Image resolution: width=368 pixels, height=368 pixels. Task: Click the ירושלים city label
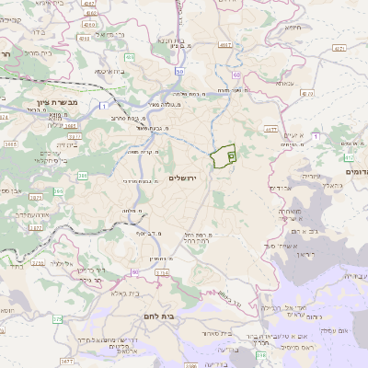click(x=184, y=175)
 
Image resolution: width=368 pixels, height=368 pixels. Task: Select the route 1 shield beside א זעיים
click(x=316, y=135)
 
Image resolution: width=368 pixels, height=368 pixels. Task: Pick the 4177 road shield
click(x=270, y=130)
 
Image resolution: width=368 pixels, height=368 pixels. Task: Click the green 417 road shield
click(x=338, y=47)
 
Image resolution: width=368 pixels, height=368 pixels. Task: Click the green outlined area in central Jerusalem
click(x=222, y=157)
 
